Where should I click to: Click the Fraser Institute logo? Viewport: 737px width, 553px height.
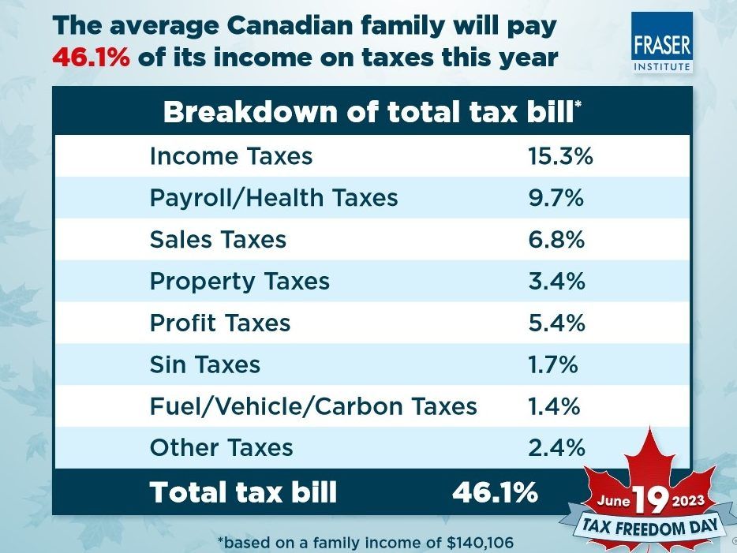pyautogui.click(x=661, y=43)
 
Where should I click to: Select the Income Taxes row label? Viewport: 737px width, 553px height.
pyautogui.click(x=230, y=156)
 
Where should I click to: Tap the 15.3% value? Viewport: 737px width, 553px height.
pyautogui.click(x=559, y=156)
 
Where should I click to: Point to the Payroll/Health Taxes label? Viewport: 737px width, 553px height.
pyautogui.click(x=273, y=197)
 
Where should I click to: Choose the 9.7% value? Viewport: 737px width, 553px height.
pyautogui.click(x=556, y=197)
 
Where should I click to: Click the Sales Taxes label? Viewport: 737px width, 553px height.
pyautogui.click(x=218, y=239)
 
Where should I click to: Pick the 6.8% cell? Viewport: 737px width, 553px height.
pyautogui.click(x=556, y=239)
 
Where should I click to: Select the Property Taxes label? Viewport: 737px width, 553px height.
pyautogui.click(x=239, y=281)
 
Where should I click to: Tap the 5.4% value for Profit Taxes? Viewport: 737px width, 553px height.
pyautogui.click(x=556, y=323)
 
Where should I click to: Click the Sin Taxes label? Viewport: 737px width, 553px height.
pyautogui.click(x=204, y=364)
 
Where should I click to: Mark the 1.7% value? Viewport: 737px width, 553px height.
pyautogui.click(x=553, y=364)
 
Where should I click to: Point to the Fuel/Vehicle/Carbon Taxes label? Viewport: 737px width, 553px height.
pyautogui.click(x=313, y=406)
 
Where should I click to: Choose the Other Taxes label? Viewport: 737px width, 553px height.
pyautogui.click(x=221, y=448)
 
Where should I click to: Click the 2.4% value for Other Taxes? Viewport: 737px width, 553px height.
pyautogui.click(x=556, y=448)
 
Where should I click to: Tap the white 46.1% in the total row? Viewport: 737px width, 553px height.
pyautogui.click(x=495, y=492)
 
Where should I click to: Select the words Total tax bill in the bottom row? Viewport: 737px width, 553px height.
pyautogui.click(x=243, y=492)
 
